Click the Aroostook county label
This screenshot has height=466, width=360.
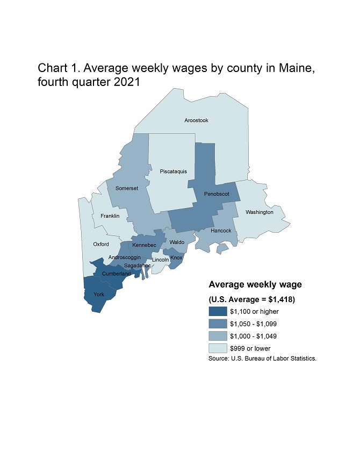[196, 120]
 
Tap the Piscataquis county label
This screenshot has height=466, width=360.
[174, 171]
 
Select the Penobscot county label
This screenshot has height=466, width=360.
[217, 193]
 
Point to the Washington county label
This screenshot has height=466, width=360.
[260, 212]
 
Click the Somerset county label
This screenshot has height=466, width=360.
[127, 188]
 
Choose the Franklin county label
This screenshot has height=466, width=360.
[110, 216]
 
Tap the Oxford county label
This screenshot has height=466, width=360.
[101, 244]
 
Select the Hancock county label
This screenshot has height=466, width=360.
[221, 231]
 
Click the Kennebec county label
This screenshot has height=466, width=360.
[144, 245]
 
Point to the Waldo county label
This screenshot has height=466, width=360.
[177, 242]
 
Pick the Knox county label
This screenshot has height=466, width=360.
[176, 257]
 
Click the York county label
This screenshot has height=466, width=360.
[99, 295]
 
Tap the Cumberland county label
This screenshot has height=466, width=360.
[116, 274]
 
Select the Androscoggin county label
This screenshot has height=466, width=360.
[125, 257]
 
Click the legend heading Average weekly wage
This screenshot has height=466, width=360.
[255, 284]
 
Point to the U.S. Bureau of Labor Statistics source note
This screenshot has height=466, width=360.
[262, 358]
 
